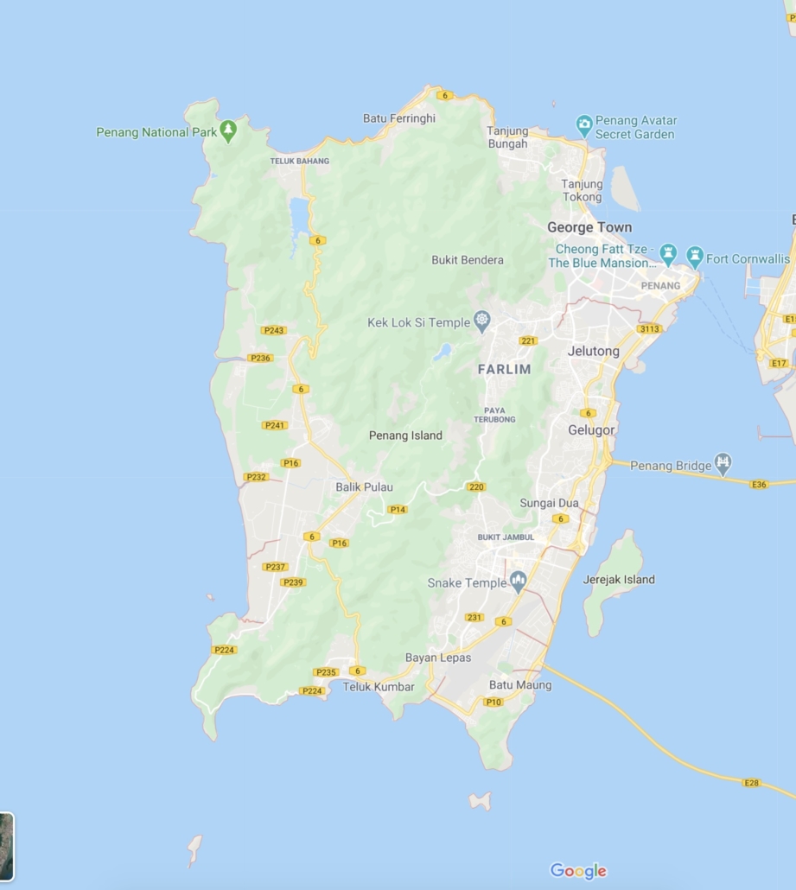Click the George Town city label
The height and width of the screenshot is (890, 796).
(589, 227)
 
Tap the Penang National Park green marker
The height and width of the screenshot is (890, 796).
(228, 131)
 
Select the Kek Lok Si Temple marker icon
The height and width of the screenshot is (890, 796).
(482, 322)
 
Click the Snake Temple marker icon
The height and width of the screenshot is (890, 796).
(518, 582)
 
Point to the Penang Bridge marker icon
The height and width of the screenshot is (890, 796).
(723, 465)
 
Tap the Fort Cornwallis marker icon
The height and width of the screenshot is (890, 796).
(695, 257)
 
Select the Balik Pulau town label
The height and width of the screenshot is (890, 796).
(364, 487)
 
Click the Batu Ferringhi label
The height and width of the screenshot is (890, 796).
(398, 118)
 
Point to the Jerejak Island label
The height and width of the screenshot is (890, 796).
(619, 580)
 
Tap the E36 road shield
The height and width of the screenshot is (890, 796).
(759, 485)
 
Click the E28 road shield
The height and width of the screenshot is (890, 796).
(751, 783)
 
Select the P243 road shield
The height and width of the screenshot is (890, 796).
(273, 330)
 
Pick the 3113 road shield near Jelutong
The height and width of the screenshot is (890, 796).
(649, 329)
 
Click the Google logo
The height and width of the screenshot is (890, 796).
(578, 871)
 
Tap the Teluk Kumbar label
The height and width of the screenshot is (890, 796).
(379, 687)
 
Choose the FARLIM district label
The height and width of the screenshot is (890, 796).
(504, 369)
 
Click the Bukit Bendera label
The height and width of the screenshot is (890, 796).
(467, 260)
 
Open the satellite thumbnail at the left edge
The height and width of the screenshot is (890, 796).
(6, 846)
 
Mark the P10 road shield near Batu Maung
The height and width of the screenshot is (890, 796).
(493, 702)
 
